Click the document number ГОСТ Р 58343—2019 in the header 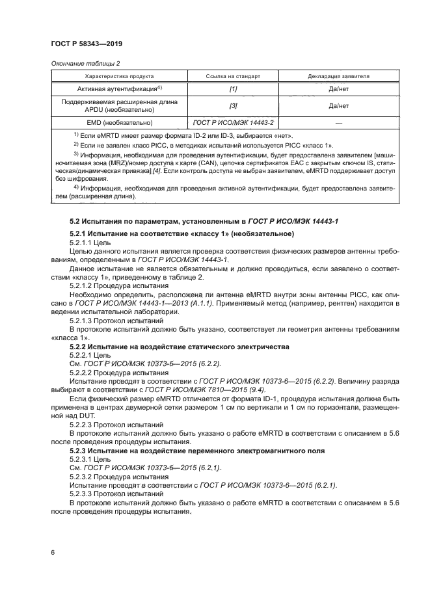pyautogui.click(x=87, y=44)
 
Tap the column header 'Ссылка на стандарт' pyautogui.click(x=233, y=76)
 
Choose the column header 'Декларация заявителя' pyautogui.click(x=338, y=76)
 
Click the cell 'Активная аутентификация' pyautogui.click(x=114, y=88)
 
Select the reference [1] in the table pyautogui.click(x=233, y=88)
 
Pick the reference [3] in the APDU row pyautogui.click(x=233, y=105)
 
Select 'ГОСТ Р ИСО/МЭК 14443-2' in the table pyautogui.click(x=233, y=122)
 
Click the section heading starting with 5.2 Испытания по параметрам pyautogui.click(x=204, y=222)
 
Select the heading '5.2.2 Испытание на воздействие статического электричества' pyautogui.click(x=180, y=347)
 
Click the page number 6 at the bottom pyautogui.click(x=53, y=552)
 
